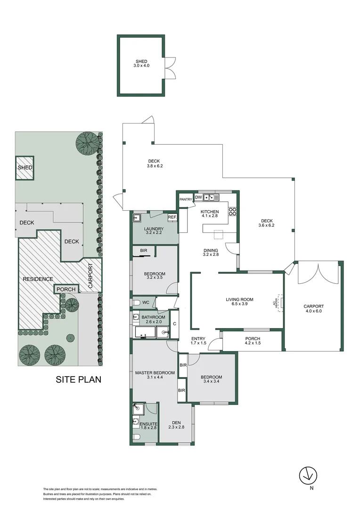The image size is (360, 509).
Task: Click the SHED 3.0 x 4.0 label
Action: [141, 64]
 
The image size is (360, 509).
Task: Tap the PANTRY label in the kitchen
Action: [186, 199]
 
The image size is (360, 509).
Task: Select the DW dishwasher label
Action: [198, 197]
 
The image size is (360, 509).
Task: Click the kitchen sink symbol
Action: [210, 197]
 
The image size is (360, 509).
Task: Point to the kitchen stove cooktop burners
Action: [232, 212]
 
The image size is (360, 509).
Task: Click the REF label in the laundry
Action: [172, 217]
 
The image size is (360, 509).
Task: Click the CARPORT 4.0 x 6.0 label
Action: [314, 309]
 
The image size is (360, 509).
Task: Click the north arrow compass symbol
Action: [308, 475]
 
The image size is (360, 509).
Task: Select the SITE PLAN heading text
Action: [79, 379]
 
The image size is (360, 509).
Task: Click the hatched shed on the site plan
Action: [25, 168]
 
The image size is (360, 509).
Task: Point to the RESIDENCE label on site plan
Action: [38, 279]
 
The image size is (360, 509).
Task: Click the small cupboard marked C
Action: [174, 324]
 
